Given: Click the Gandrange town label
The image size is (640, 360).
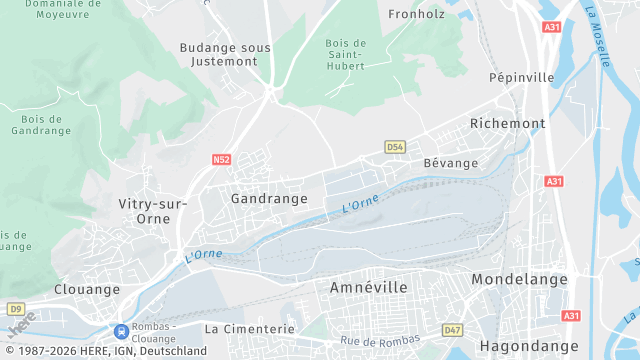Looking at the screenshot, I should [269, 199].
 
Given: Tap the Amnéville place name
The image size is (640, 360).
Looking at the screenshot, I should [369, 287].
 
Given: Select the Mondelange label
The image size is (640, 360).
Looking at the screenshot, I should [519, 279].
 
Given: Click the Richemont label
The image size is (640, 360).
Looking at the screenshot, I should [508, 124].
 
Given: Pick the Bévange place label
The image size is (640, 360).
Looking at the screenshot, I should [451, 163].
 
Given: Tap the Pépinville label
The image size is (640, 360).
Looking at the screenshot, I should [521, 77].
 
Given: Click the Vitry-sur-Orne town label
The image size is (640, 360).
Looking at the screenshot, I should [152, 210].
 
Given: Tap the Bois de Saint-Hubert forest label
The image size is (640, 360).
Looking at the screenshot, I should [346, 55].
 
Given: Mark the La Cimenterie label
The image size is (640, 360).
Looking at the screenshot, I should [250, 328].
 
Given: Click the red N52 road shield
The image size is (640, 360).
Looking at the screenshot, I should [222, 159].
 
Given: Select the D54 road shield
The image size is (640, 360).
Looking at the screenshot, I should [395, 147].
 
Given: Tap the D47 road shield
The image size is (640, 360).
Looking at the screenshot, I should [453, 329].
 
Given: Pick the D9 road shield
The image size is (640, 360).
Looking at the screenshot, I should [15, 309].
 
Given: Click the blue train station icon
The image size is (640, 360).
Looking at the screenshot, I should [121, 331].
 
